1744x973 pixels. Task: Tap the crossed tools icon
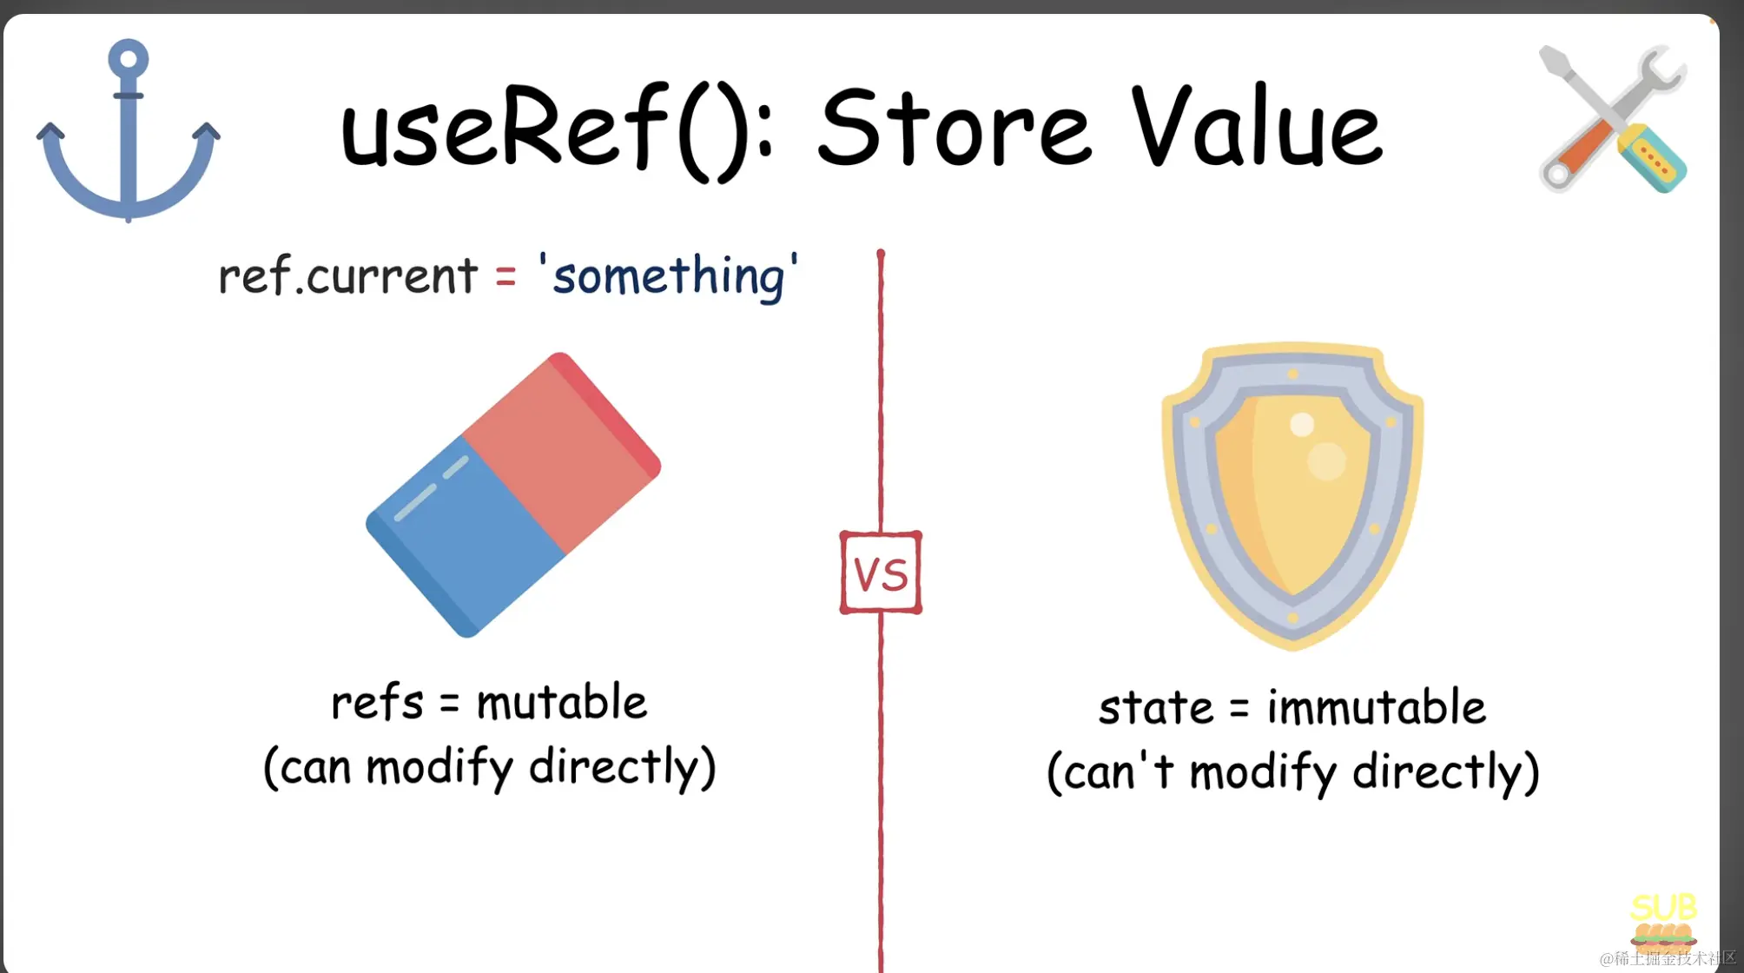[1613, 119]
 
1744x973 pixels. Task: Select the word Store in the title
[954, 129]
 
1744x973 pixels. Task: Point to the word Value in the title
[1257, 126]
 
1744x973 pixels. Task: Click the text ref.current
[347, 275]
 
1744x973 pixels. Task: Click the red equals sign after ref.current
[505, 278]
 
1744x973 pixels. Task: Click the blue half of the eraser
[465, 539]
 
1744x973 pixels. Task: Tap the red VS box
[881, 573]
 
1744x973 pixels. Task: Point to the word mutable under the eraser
[562, 702]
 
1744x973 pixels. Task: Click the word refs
[377, 702]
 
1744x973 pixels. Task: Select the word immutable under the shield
[1377, 706]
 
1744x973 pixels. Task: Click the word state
[1155, 708]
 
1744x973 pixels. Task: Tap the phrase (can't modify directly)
[1293, 771]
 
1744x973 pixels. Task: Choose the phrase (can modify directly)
[490, 767]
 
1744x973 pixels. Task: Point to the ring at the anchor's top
[129, 59]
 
